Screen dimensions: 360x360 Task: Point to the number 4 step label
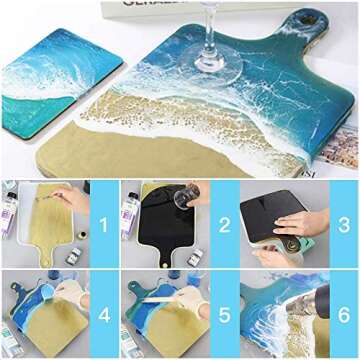coord(104,313)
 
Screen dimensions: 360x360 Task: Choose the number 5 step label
coord(225,313)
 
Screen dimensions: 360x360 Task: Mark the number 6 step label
coord(344,313)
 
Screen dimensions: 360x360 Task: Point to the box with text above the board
coord(195,5)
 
